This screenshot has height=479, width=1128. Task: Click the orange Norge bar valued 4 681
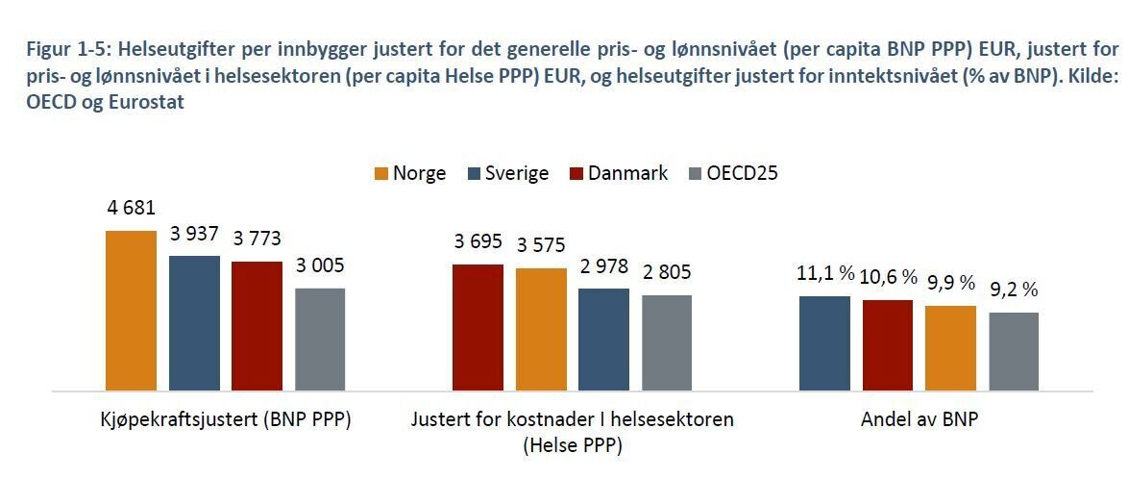130,311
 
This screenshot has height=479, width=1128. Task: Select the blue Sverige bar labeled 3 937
194,323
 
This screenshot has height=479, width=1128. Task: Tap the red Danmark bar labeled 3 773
257,326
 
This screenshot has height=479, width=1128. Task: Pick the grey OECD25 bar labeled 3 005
320,340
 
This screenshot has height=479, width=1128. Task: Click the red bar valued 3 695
478,327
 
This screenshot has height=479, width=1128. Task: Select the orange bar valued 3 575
541,329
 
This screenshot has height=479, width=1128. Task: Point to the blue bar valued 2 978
603,340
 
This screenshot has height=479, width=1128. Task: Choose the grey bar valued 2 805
667,342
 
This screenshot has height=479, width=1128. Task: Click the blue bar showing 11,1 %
824,343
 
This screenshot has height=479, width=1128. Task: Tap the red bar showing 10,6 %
888,345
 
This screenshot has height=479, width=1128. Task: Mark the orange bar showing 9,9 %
950,348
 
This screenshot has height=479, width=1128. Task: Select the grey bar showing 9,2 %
1014,351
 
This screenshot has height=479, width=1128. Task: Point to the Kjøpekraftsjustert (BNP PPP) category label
225,420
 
